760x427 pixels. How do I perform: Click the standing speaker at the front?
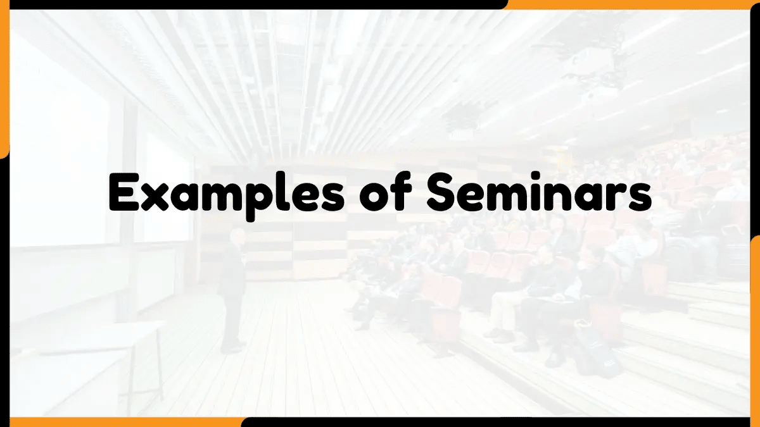click(232, 291)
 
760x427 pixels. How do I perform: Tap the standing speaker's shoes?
click(232, 347)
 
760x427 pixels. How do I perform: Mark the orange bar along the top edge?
click(633, 4)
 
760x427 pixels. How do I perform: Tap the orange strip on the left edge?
click(4, 82)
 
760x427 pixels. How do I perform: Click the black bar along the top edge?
click(253, 4)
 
